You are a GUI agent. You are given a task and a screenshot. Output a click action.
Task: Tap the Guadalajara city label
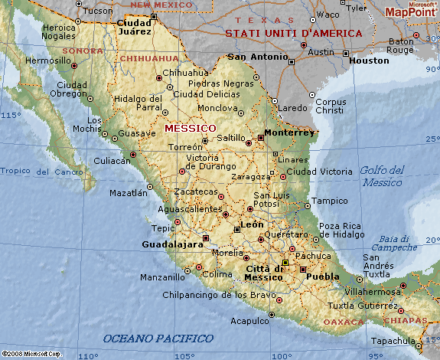click(173, 244)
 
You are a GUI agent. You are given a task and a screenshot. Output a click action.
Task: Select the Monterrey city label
click(289, 132)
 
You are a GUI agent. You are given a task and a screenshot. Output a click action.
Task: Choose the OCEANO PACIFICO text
click(158, 338)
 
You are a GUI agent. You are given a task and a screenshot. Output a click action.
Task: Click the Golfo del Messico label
click(382, 176)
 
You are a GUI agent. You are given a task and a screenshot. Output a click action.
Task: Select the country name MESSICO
click(190, 127)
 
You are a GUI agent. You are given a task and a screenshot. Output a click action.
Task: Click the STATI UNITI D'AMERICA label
click(293, 34)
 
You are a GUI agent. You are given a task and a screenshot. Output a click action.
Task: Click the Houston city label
click(369, 60)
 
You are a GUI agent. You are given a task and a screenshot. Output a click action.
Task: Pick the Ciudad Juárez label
click(134, 28)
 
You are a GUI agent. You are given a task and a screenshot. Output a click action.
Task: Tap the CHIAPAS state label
click(406, 320)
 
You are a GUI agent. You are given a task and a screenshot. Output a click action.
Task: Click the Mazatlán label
click(128, 193)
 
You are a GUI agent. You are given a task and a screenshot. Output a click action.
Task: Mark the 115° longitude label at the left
click(11, 115)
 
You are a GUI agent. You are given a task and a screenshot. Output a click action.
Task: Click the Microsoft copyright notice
click(31, 354)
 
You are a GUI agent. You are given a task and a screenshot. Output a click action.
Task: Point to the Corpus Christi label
click(331, 106)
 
